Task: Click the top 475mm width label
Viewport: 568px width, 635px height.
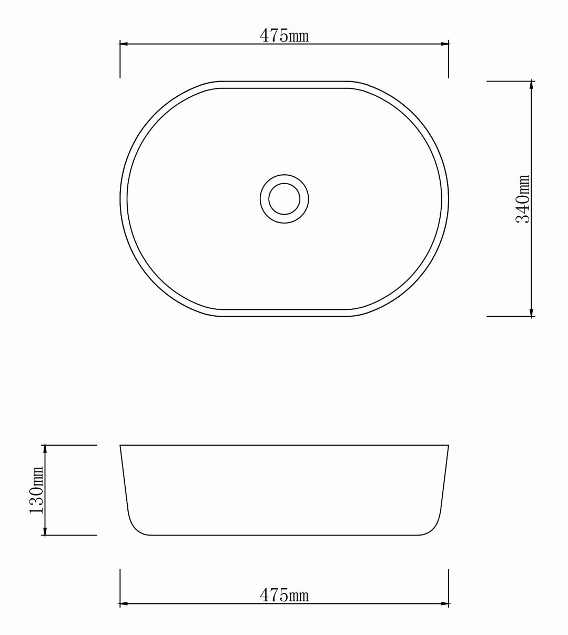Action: [x=284, y=36]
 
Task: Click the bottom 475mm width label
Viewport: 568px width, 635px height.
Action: [x=284, y=596]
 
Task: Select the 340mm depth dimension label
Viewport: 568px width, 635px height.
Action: [x=523, y=199]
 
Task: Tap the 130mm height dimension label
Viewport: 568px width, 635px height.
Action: [x=36, y=490]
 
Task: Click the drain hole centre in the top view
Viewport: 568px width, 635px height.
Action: [x=284, y=199]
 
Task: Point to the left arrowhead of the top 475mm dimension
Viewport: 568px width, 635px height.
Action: [x=124, y=44]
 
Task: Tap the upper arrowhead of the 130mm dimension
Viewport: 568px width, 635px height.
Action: [x=45, y=449]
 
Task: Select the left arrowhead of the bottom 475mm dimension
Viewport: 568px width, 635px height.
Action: [x=124, y=604]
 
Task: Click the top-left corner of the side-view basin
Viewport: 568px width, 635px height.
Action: [x=120, y=446]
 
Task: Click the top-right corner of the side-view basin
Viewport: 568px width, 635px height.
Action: [x=448, y=446]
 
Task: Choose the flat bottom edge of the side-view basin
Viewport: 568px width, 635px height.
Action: [x=284, y=535]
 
